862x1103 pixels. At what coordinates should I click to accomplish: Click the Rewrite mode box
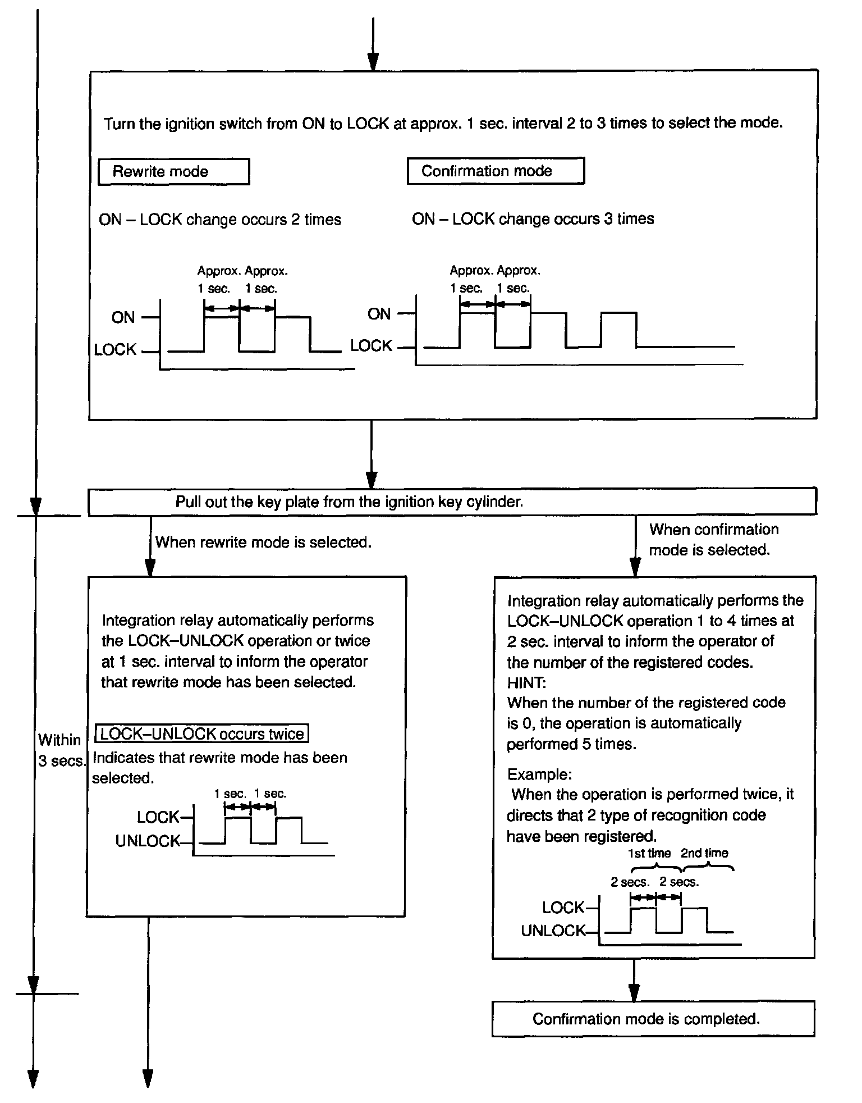(173, 172)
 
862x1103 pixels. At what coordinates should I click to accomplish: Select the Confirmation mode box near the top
(496, 171)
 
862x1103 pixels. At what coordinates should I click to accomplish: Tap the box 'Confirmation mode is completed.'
(653, 1019)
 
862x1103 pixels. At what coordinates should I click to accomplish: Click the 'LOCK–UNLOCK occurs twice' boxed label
(203, 734)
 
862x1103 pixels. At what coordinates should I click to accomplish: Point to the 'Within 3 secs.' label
(60, 750)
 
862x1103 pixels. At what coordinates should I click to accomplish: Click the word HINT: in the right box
(526, 683)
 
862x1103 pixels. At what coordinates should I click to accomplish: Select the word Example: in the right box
(539, 774)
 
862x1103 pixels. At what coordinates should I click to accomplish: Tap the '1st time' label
(649, 854)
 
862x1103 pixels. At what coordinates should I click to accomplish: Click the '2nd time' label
(704, 854)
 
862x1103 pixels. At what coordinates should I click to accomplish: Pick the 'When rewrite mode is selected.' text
(263, 543)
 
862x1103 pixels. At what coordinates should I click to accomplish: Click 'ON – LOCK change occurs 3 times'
(533, 219)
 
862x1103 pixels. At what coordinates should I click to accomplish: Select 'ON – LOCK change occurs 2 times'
(220, 220)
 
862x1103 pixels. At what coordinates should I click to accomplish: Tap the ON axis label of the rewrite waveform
(123, 318)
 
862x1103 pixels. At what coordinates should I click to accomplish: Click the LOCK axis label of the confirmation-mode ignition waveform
(372, 346)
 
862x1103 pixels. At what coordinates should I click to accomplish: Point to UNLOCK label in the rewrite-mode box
(148, 841)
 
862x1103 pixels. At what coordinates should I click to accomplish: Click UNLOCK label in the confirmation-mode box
(553, 931)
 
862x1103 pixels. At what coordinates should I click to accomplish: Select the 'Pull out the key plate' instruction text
(349, 502)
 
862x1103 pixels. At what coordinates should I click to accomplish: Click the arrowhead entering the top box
(373, 62)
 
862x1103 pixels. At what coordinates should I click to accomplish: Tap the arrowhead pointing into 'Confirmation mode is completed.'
(634, 992)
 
